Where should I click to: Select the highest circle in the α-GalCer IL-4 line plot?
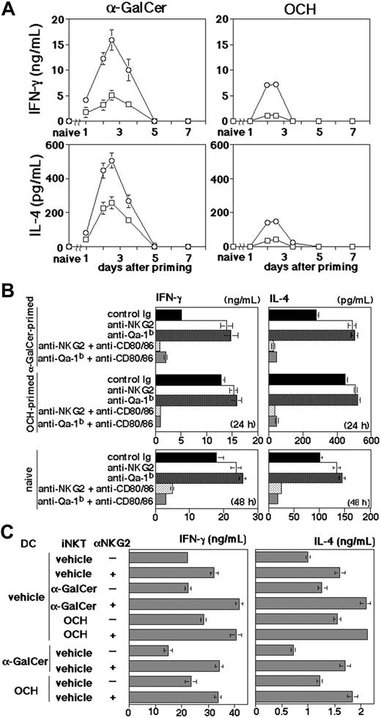point(111,161)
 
